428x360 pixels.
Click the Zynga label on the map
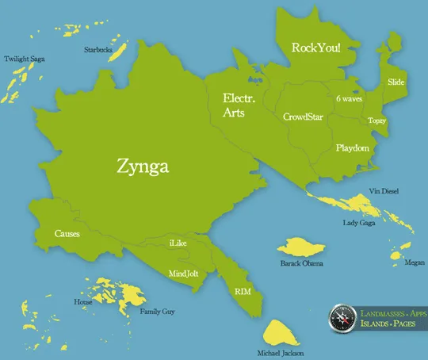143,167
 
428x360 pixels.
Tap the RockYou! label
316,48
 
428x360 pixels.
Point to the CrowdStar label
301,117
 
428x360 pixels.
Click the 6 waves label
350,98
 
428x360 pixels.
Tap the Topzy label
376,121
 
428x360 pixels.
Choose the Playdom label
351,148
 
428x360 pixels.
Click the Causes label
67,234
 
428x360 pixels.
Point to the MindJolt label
184,274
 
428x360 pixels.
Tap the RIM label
243,292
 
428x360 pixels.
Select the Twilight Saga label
23,59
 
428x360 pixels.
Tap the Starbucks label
98,50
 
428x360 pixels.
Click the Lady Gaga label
359,223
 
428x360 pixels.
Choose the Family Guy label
157,312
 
